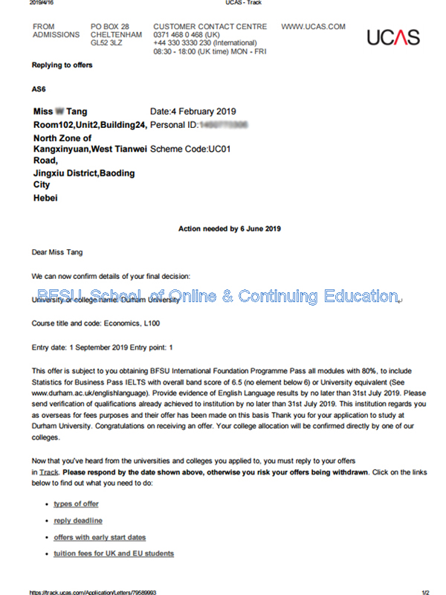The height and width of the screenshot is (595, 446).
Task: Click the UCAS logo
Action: click(x=393, y=37)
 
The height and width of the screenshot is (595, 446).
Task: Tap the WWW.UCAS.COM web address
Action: click(x=313, y=27)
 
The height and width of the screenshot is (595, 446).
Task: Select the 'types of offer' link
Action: click(x=76, y=504)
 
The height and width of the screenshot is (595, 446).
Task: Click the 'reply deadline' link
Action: click(x=78, y=521)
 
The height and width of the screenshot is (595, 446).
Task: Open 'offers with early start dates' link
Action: click(x=100, y=537)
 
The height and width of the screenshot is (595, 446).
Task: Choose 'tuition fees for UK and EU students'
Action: click(x=114, y=553)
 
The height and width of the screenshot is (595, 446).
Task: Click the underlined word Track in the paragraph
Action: click(x=49, y=472)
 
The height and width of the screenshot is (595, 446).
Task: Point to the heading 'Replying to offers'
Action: click(x=62, y=65)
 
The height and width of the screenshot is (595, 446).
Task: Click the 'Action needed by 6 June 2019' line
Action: click(x=230, y=229)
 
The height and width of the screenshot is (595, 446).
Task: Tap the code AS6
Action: click(x=39, y=89)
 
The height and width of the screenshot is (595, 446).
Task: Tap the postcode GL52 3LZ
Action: click(x=107, y=43)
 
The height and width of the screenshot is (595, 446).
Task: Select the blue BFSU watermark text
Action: click(x=219, y=296)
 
